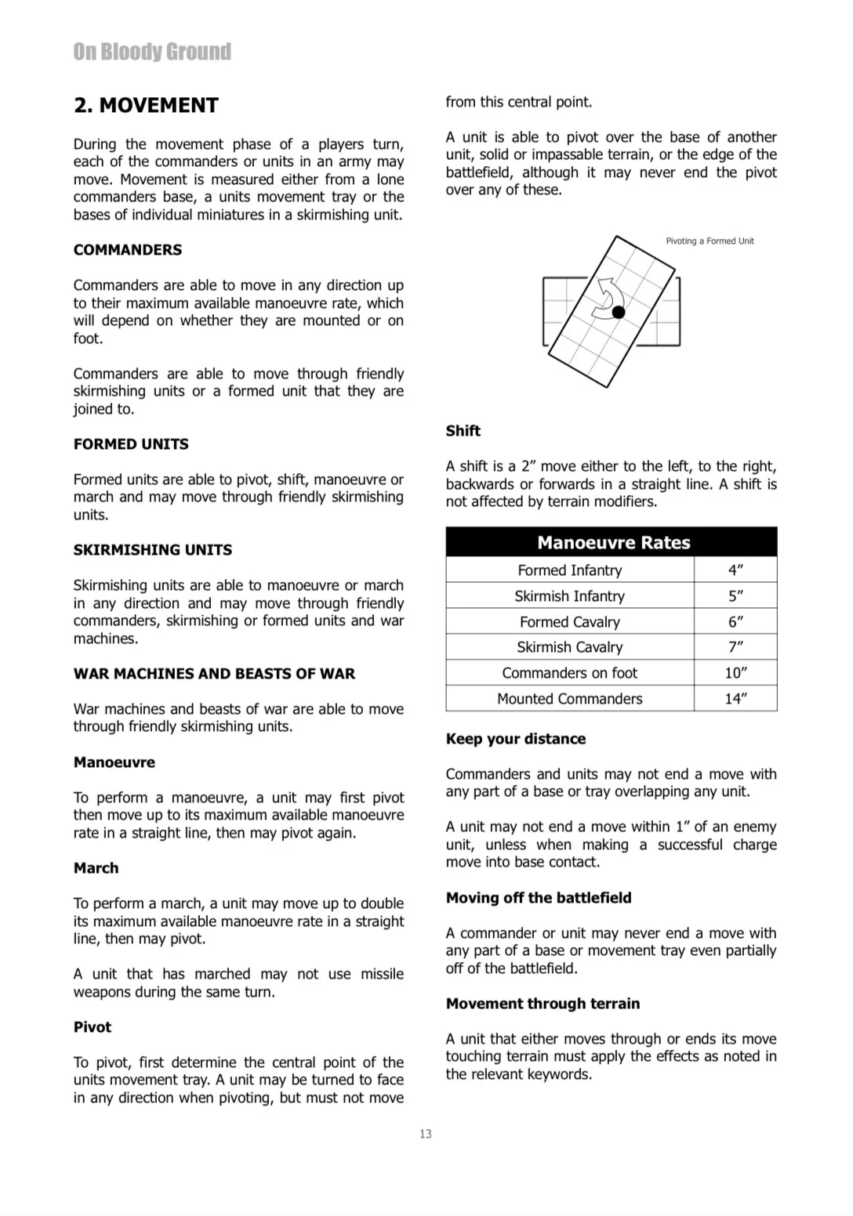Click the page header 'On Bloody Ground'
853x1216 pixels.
(152, 52)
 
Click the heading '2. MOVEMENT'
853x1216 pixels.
(146, 106)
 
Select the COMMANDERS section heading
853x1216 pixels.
(128, 250)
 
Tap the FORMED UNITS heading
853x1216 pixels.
(131, 444)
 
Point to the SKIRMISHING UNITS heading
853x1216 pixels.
(153, 550)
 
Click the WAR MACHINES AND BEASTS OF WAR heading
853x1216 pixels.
(214, 674)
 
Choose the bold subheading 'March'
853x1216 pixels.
(96, 868)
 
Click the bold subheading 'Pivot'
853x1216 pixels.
(93, 1027)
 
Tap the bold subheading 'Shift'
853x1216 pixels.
(463, 431)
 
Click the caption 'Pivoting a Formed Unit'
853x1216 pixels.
(710, 241)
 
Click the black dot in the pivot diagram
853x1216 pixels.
(619, 312)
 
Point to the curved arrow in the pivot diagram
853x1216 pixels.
(608, 298)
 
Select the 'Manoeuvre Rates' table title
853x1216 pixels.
(613, 543)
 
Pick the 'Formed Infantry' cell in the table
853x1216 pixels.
(570, 570)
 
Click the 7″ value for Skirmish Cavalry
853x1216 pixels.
(735, 647)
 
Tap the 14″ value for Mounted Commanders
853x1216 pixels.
(735, 699)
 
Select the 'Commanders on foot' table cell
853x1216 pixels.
(570, 673)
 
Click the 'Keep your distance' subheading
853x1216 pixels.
(516, 739)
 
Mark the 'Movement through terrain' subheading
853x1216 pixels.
(543, 1004)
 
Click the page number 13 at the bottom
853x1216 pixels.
(426, 1134)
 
